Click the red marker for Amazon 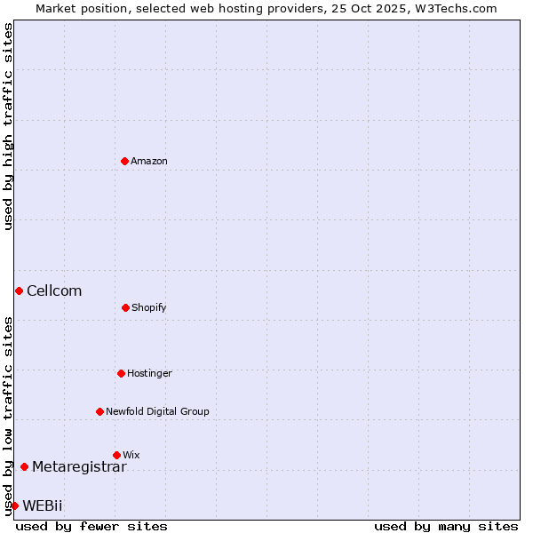[125, 161]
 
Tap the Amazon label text [149, 161]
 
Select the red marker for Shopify [125, 307]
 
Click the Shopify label [149, 307]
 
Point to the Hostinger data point [121, 373]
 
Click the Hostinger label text [149, 373]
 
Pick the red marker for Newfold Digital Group [99, 411]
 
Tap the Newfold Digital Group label [157, 411]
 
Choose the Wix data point [116, 455]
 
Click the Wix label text [131, 455]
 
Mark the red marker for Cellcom [19, 290]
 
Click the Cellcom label [54, 290]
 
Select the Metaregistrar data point [24, 466]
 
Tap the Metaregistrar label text [79, 466]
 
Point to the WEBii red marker [14, 505]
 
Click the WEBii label [43, 505]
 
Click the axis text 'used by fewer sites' [91, 526]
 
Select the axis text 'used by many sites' [446, 526]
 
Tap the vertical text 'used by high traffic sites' [8, 126]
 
